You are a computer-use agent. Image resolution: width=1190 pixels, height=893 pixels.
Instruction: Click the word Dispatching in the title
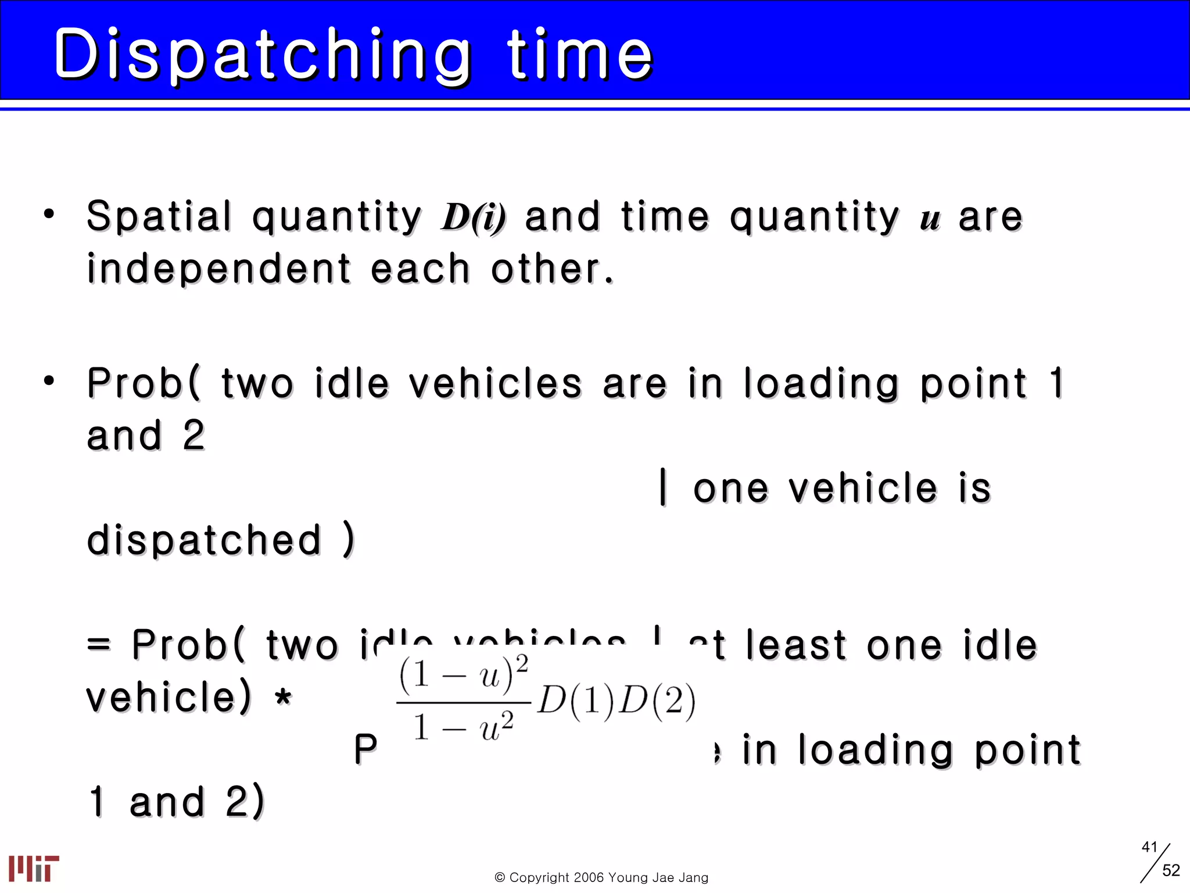[261, 55]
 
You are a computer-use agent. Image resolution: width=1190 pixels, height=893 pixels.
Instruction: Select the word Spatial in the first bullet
[159, 216]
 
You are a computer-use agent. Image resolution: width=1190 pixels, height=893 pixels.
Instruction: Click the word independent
[218, 269]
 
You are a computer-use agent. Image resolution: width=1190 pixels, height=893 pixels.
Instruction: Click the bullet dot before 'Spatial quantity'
[49, 213]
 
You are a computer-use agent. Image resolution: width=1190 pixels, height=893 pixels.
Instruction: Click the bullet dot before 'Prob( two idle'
[49, 381]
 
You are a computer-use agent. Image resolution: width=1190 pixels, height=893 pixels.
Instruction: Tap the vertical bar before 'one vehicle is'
[663, 487]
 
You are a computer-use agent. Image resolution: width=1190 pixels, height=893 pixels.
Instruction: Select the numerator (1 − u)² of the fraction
[463, 675]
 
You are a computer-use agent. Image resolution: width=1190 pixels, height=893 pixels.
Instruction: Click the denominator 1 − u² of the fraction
[463, 726]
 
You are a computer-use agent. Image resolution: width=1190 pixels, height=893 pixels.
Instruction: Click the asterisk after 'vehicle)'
[283, 696]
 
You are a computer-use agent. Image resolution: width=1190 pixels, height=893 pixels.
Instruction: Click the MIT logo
[34, 868]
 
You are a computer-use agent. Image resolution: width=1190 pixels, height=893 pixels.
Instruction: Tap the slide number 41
[1149, 847]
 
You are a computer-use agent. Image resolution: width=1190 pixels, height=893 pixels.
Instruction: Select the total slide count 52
[1171, 870]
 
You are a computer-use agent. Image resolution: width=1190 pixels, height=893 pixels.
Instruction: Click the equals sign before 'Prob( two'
[98, 644]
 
